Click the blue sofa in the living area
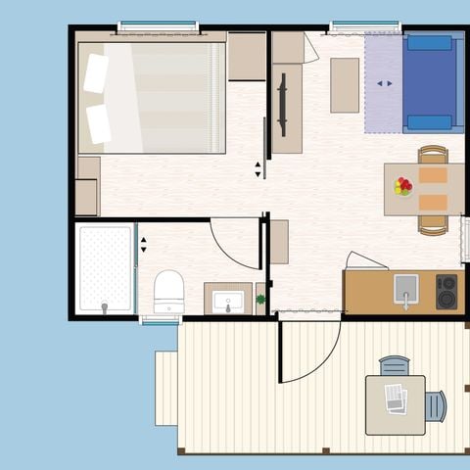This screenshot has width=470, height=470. (430, 82)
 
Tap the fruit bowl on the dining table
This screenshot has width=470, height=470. (402, 186)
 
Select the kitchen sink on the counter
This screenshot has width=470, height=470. (405, 289)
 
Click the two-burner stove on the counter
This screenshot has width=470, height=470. (446, 291)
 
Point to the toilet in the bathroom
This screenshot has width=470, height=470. (168, 291)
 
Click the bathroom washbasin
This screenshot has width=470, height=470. (227, 299)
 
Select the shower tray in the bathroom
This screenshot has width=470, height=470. (105, 269)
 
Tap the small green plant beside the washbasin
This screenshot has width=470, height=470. (260, 300)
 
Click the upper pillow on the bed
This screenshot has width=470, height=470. (96, 73)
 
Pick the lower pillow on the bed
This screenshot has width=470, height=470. (98, 123)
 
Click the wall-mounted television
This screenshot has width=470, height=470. (283, 105)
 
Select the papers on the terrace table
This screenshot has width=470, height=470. (396, 398)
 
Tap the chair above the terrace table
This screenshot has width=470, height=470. (395, 365)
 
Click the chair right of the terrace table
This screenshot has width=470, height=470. (436, 405)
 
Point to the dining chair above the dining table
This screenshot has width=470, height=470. (433, 154)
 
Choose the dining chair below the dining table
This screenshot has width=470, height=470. (433, 225)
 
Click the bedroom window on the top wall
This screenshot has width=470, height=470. (158, 26)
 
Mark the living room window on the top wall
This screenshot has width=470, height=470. (364, 26)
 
